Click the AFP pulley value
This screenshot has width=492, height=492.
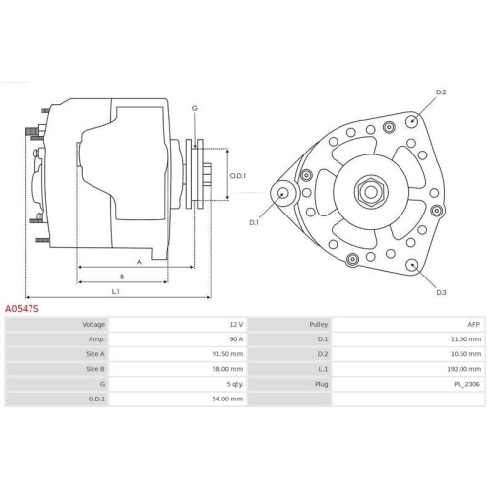pos(474,324)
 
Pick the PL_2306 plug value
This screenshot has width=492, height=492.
pos(468,386)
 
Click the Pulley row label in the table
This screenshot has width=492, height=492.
pos(319,324)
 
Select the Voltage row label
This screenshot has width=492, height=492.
pos(93,324)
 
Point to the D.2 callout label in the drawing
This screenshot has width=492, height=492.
pos(441,93)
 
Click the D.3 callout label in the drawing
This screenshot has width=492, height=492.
pos(441,293)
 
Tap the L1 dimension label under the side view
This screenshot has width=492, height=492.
pos(115,291)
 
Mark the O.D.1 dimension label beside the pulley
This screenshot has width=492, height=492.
pos(238,176)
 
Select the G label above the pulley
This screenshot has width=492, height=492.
pos(194,107)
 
